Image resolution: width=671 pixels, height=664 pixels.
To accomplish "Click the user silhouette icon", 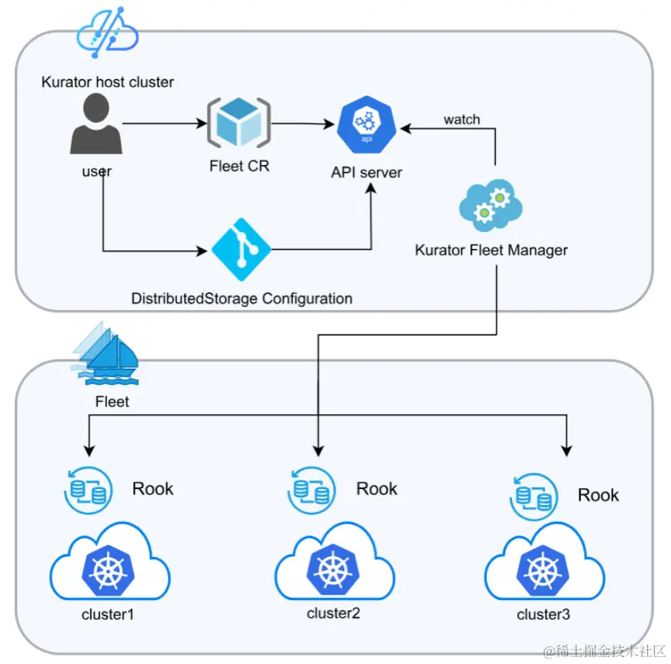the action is [96, 123].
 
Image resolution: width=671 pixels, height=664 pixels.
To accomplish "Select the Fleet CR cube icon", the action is [239, 123].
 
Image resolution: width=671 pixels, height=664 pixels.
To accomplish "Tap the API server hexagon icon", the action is [367, 124].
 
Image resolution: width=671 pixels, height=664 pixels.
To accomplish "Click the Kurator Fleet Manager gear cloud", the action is [491, 205].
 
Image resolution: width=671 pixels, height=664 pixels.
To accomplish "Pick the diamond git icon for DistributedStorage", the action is [241, 249].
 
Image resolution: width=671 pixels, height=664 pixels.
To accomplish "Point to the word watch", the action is [462, 120].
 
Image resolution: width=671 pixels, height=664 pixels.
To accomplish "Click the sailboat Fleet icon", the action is [106, 353].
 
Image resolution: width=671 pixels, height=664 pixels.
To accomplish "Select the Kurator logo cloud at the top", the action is [107, 32].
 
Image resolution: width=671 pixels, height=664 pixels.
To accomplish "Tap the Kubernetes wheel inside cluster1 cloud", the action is [108, 571].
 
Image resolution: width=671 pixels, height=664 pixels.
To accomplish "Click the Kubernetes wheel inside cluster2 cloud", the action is [333, 570].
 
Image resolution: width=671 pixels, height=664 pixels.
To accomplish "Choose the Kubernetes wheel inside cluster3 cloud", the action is [543, 571].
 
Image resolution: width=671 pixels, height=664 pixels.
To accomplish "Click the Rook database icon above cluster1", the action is [88, 490].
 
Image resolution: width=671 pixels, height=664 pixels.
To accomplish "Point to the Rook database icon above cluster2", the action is [312, 490].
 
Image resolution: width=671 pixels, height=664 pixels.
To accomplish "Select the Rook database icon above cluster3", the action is [534, 497].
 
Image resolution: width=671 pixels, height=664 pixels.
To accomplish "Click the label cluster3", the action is [544, 615].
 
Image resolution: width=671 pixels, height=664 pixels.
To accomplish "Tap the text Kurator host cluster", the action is [107, 82].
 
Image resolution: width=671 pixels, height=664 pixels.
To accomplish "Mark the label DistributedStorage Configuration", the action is [241, 298].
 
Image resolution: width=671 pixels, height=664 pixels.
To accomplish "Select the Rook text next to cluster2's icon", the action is [376, 489].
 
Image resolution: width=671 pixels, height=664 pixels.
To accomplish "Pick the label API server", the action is [367, 173].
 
